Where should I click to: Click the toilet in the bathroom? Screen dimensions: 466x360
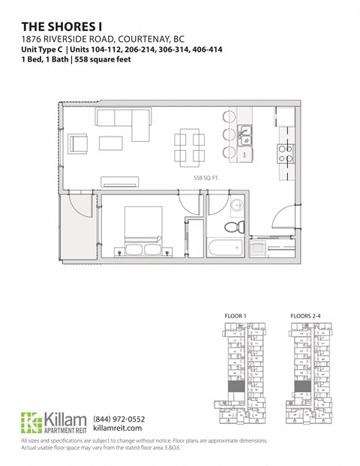click(x=235, y=226)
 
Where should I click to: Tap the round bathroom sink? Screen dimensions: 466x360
click(x=235, y=205)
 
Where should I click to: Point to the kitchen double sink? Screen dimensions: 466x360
click(x=244, y=135)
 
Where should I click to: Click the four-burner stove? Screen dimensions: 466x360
click(x=285, y=154)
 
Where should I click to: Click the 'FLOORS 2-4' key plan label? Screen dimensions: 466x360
click(x=304, y=316)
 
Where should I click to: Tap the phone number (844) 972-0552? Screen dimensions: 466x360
click(x=119, y=419)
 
